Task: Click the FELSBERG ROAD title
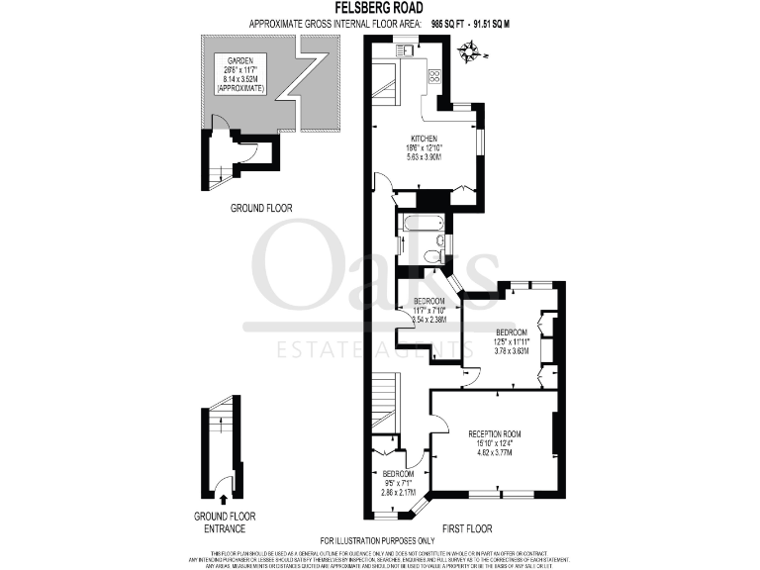click(x=380, y=8)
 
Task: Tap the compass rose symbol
click(x=471, y=49)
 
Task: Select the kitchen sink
click(x=406, y=49)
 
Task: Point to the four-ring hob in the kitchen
click(x=433, y=75)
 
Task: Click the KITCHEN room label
click(x=425, y=139)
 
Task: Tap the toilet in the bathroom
click(x=431, y=256)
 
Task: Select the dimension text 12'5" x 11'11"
click(x=512, y=341)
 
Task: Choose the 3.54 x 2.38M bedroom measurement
click(x=427, y=320)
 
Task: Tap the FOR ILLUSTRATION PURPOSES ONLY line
click(x=380, y=540)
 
